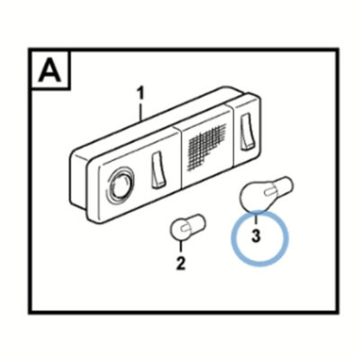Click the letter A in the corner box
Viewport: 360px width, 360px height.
click(50, 70)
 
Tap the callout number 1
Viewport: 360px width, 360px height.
click(140, 94)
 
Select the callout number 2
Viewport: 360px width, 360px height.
click(180, 263)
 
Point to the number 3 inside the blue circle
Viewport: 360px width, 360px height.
click(256, 236)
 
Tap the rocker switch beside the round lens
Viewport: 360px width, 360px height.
click(157, 171)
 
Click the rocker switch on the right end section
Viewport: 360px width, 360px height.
click(247, 131)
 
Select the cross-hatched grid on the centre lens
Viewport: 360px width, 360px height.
click(206, 146)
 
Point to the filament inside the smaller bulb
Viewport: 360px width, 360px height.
click(184, 229)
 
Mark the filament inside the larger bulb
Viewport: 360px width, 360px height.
click(270, 191)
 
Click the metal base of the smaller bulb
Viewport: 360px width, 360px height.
click(197, 221)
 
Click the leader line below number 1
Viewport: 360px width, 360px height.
click(140, 112)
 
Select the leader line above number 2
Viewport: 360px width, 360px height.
click(180, 247)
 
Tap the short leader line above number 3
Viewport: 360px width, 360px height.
click(256, 219)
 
